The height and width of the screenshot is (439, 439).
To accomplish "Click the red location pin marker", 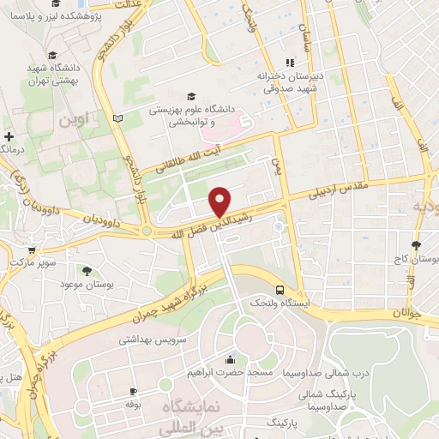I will [x=220, y=201].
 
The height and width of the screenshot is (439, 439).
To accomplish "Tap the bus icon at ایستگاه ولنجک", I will [x=280, y=290].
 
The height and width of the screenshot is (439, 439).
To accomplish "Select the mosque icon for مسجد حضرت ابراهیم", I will [x=229, y=360].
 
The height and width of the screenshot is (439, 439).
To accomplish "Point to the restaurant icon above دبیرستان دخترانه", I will [x=290, y=62].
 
